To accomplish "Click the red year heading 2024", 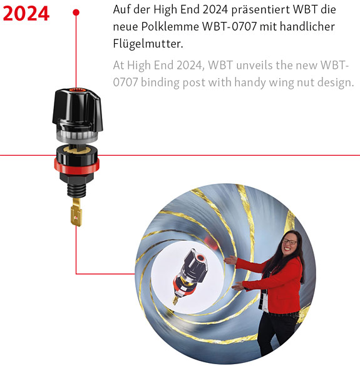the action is (26, 14).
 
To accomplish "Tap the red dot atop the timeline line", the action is (76, 13).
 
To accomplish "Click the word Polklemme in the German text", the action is (170, 27).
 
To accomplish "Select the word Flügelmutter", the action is (148, 43).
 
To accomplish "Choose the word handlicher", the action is (307, 26).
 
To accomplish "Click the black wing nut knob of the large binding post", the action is (77, 109).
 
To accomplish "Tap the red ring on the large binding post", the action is (76, 166).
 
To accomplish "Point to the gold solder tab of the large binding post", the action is (76, 212).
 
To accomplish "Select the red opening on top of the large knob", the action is (76, 91).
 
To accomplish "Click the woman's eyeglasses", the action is (289, 242).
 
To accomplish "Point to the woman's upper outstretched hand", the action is (230, 260).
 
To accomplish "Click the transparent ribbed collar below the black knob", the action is (77, 135).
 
